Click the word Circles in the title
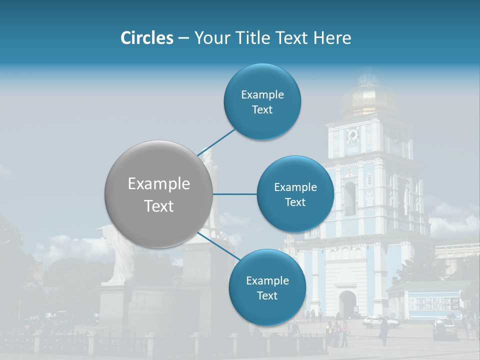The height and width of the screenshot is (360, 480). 146,38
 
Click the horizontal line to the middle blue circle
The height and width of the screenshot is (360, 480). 234,194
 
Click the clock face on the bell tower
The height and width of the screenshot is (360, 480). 352,135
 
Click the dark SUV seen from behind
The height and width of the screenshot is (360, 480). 444,328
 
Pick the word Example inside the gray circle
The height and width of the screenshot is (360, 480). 158,184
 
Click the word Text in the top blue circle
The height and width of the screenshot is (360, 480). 262,110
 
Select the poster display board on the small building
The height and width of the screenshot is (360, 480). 433,303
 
